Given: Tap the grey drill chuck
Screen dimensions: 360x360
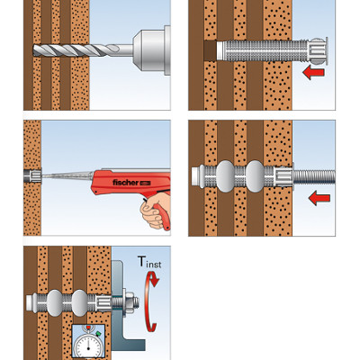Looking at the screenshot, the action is click(152, 50).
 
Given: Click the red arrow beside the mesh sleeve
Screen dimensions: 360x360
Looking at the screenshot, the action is click(313, 73).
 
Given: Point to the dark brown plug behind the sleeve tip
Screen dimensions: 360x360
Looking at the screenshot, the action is click(210, 50).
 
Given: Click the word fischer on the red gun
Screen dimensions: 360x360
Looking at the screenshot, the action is click(125, 183).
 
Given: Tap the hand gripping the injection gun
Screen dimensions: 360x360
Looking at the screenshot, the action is click(156, 210).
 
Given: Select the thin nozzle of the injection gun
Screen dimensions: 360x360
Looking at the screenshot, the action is click(67, 175).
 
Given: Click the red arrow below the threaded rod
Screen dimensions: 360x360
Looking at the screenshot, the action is click(319, 199).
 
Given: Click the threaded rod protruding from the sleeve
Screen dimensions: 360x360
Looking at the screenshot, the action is click(314, 176).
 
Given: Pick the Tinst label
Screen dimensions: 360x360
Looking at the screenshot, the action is click(149, 262).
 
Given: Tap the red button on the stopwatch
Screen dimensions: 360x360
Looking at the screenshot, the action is click(88, 327).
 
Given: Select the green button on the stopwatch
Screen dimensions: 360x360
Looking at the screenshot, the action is click(98, 333).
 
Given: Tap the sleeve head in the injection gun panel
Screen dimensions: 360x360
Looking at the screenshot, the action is click(32, 176).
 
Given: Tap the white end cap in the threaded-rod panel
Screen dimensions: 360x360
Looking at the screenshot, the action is click(196, 176).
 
